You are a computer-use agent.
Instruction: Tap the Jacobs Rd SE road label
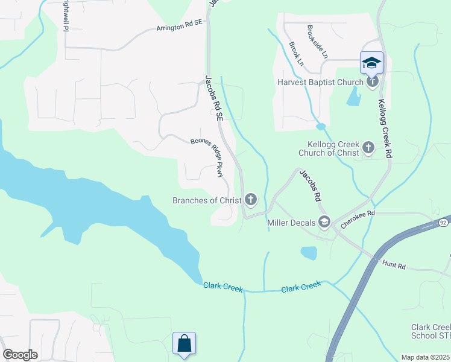[215, 99]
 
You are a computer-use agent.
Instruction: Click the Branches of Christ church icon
[250, 200]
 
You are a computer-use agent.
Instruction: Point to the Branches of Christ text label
[207, 200]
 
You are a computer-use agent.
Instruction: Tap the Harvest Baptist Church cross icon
[373, 81]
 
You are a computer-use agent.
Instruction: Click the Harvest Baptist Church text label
[320, 82]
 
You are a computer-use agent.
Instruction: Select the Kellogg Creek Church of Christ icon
[368, 147]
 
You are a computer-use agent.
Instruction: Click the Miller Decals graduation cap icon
[324, 223]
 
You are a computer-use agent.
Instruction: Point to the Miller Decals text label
[291, 223]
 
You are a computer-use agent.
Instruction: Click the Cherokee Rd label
[358, 218]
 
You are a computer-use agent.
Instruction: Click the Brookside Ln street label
[317, 41]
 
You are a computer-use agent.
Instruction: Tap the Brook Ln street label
[295, 53]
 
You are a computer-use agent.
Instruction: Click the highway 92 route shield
[443, 223]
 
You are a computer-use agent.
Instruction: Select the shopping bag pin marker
[184, 343]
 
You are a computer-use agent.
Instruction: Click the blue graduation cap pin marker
[371, 63]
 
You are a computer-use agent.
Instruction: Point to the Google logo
[20, 355]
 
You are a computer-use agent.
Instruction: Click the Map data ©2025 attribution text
[426, 357]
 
